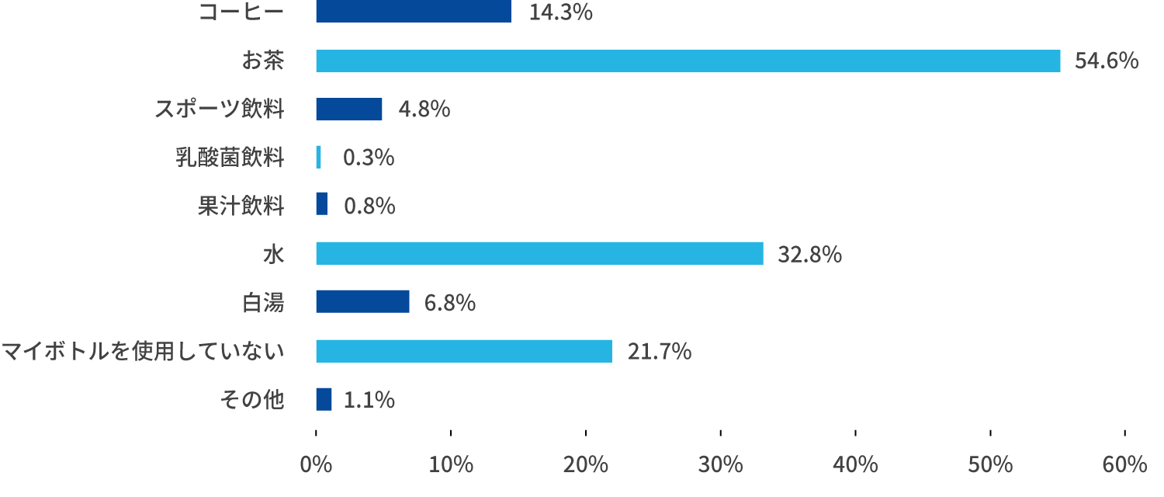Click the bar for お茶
coord(688,61)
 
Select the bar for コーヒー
coord(414,12)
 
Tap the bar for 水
coord(539,253)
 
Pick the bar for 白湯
coord(362,301)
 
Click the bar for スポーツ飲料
coord(348,109)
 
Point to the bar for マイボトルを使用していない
coord(464,351)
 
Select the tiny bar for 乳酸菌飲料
coord(318,157)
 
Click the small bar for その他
coord(324,399)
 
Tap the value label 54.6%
coord(1106,61)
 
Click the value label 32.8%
coord(809,254)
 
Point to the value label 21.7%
coord(659,352)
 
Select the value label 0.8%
coord(369,206)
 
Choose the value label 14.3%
coord(561,12)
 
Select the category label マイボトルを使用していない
coord(143,352)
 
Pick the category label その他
coord(252,400)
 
